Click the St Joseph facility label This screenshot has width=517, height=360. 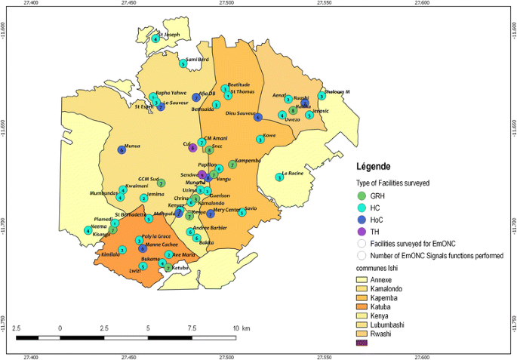click(169, 34)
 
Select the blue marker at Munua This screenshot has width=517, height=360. click(122, 150)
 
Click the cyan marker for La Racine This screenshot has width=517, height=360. click(279, 177)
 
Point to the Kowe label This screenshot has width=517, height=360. click(269, 135)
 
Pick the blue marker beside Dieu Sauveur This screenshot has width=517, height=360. click(257, 117)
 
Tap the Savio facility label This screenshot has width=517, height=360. click(251, 208)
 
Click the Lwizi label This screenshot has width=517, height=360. click(135, 270)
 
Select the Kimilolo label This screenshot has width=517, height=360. click(111, 254)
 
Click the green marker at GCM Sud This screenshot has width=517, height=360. click(161, 183)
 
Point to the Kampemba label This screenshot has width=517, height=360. click(248, 160)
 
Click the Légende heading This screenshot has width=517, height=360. click(373, 165)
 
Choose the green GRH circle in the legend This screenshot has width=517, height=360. click(362, 195)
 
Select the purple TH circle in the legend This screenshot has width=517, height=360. click(362, 232)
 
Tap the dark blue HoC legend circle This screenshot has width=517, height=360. click(362, 220)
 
